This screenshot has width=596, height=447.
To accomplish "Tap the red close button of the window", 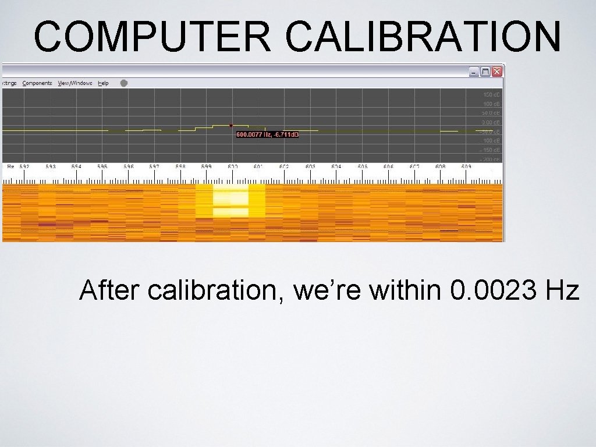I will click(x=496, y=72).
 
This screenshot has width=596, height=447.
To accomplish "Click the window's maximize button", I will click(x=485, y=72).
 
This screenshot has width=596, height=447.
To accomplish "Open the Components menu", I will click(x=37, y=83).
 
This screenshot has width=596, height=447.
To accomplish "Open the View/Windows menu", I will click(x=74, y=83).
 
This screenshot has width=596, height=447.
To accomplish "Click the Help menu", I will click(x=103, y=83).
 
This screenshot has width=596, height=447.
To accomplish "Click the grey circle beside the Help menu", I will click(x=123, y=83).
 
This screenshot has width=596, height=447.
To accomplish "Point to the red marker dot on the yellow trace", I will click(x=231, y=125).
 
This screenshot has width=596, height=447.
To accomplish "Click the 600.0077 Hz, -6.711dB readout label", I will click(x=267, y=135).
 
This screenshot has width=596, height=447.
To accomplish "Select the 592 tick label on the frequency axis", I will click(x=24, y=166).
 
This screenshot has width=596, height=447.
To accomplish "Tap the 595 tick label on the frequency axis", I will click(x=102, y=166).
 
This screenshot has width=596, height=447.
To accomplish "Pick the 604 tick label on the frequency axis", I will click(x=336, y=166).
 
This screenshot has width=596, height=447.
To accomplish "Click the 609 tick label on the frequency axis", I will click(x=466, y=166).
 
